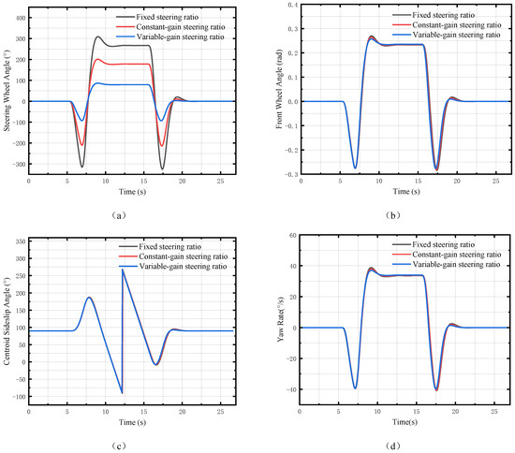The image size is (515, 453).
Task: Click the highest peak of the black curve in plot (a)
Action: pyautogui.click(x=98, y=37)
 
